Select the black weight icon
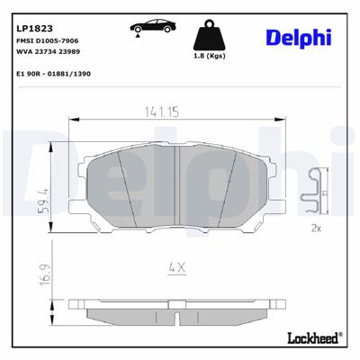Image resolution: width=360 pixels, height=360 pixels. [x=208, y=36]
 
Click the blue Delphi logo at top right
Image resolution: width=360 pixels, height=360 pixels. [x=299, y=37]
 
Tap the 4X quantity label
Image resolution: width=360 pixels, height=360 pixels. [x=176, y=266]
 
